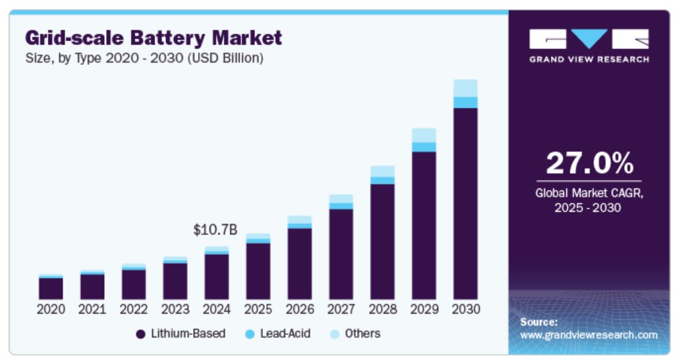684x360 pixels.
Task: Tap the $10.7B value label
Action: pyautogui.click(x=215, y=230)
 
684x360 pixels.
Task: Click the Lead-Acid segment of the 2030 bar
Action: pyautogui.click(x=465, y=102)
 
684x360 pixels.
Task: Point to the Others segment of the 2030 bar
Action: pyautogui.click(x=465, y=88)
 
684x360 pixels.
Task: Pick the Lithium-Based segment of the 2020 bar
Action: pyautogui.click(x=51, y=289)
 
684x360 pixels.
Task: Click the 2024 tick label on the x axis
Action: pyautogui.click(x=217, y=309)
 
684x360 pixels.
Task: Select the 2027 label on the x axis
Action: pyautogui.click(x=341, y=309)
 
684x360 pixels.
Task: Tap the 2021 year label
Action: pyautogui.click(x=92, y=309)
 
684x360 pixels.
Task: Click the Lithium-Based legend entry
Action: pyautogui.click(x=181, y=334)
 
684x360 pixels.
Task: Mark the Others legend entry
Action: pyautogui.click(x=356, y=334)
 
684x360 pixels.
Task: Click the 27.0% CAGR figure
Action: pyautogui.click(x=588, y=164)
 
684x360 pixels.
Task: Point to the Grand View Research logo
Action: pyautogui.click(x=588, y=45)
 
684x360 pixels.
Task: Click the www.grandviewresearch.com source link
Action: pyautogui.click(x=588, y=335)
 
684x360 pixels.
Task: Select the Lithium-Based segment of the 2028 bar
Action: pyautogui.click(x=382, y=241)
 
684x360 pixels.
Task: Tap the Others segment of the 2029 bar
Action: pyautogui.click(x=424, y=135)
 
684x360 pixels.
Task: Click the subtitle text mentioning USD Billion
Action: pyautogui.click(x=144, y=58)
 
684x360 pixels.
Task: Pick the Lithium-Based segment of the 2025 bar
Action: pyautogui.click(x=258, y=271)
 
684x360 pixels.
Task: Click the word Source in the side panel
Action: pyautogui.click(x=538, y=322)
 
